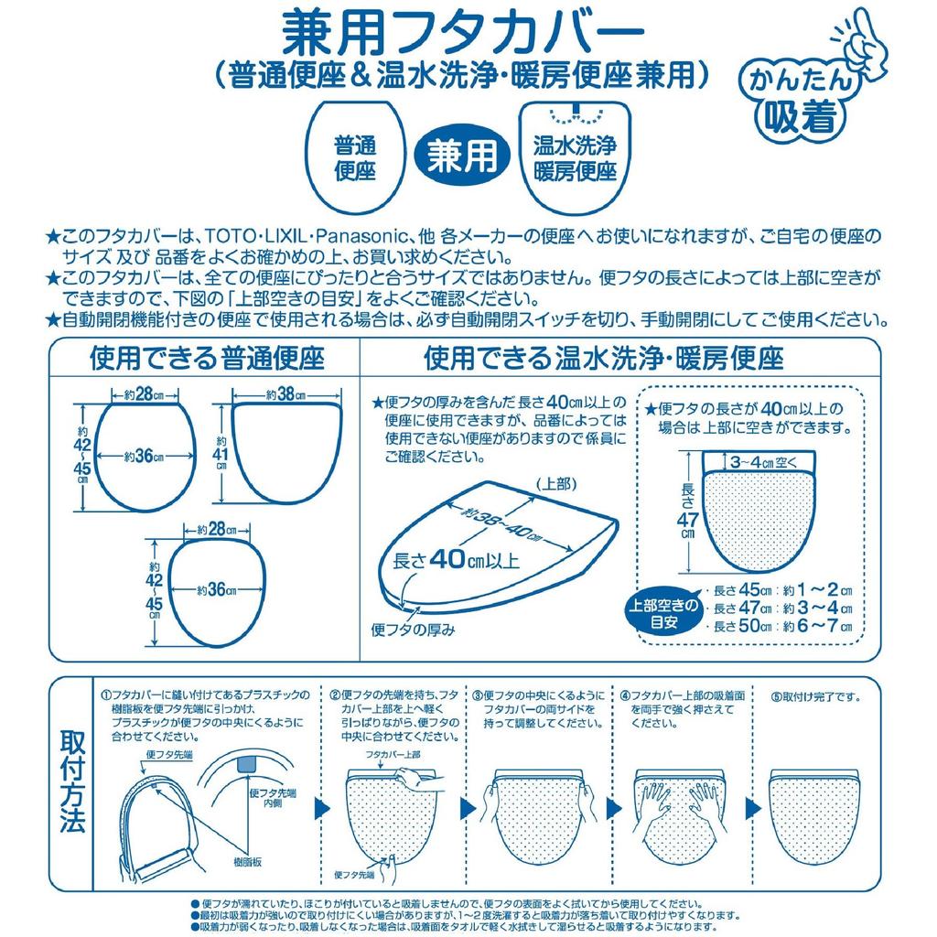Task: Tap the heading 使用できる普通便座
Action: click(x=206, y=357)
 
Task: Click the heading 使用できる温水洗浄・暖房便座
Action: click(x=605, y=357)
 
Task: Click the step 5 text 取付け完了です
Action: click(x=816, y=696)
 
